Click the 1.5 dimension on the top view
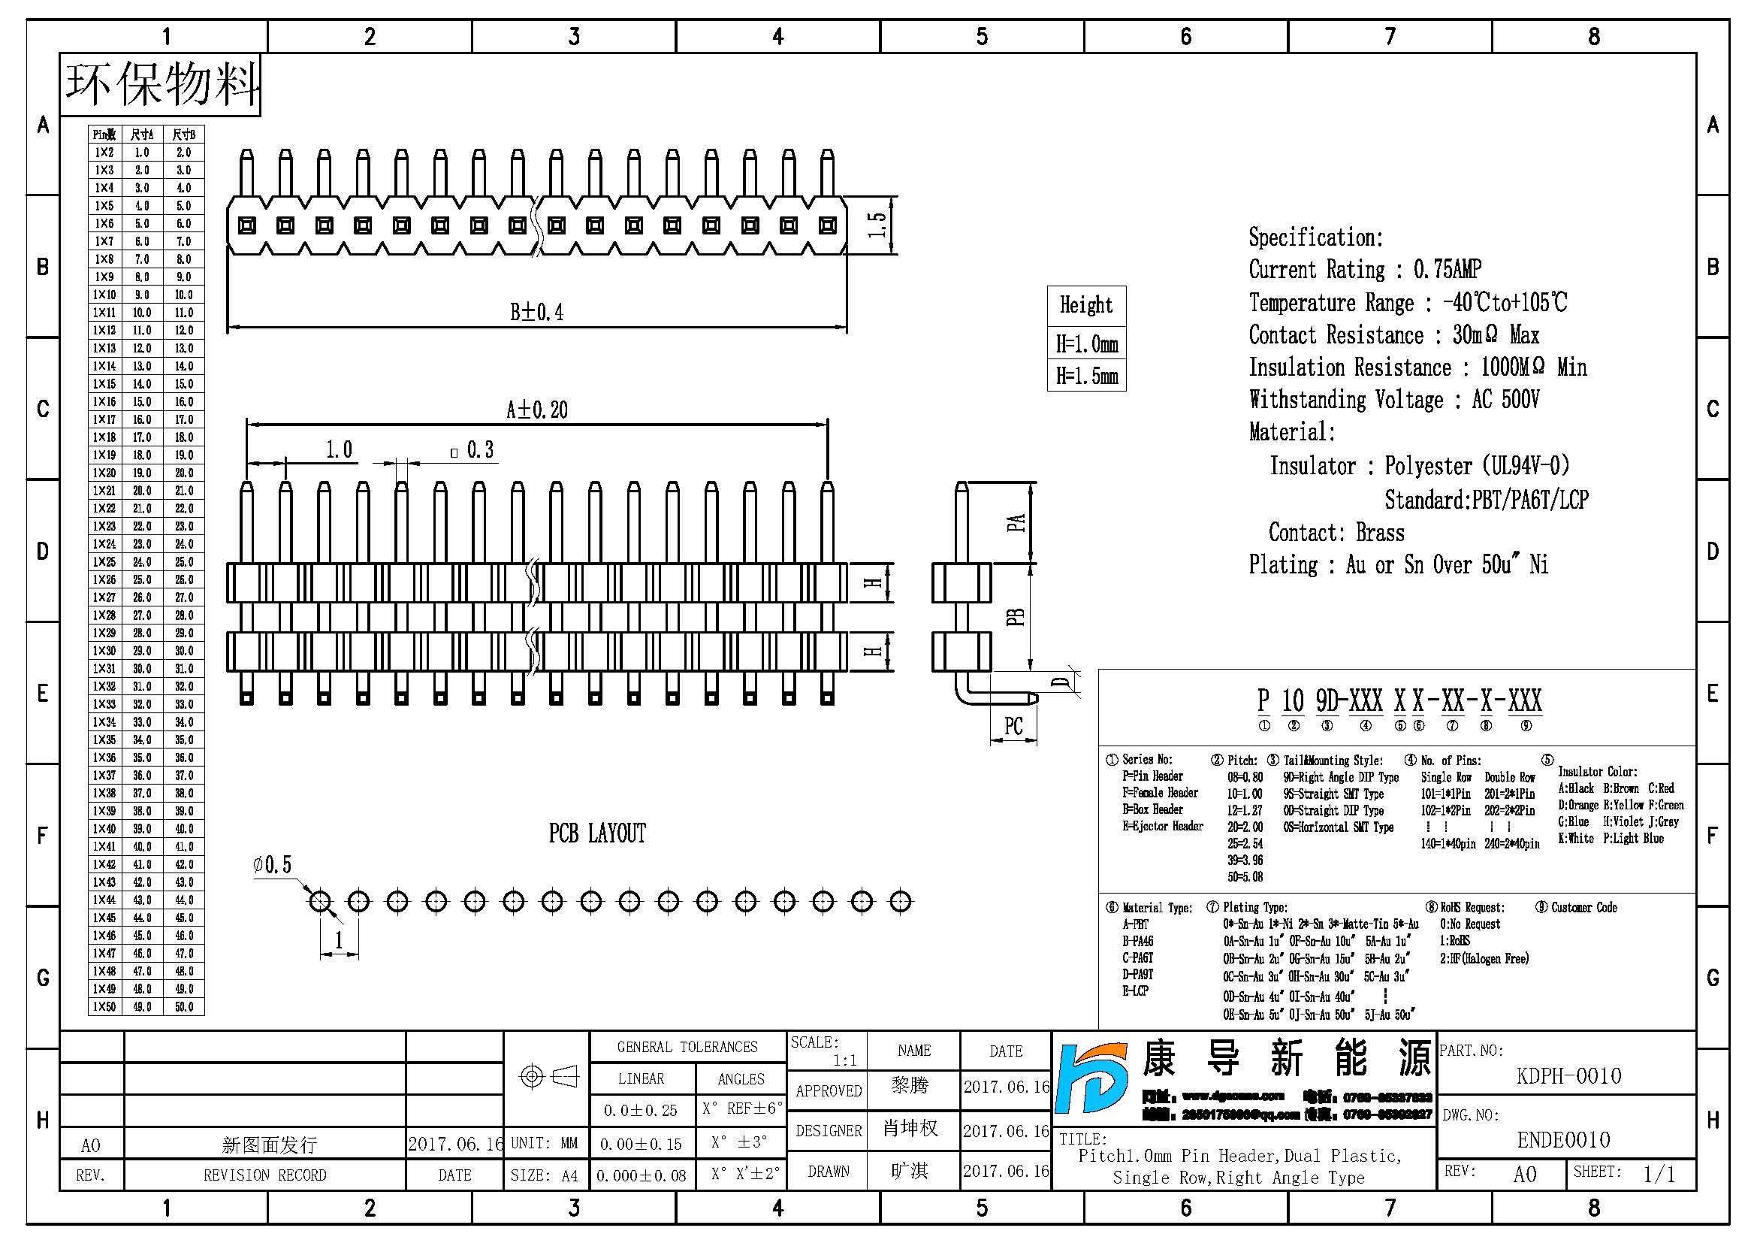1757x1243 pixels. tap(877, 224)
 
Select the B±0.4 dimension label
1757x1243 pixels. tap(536, 313)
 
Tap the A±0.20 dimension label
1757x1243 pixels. tap(536, 410)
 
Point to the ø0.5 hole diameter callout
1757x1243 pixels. tap(273, 865)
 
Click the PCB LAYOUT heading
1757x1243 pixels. tap(597, 833)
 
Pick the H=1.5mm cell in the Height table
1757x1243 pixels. tap(1087, 376)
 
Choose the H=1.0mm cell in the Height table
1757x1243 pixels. tap(1087, 343)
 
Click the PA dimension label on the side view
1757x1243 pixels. tap(1016, 523)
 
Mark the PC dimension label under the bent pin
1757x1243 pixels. tap(1013, 726)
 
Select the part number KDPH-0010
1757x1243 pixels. tap(1568, 1076)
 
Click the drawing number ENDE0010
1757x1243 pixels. tap(1563, 1141)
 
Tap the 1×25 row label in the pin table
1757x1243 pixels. tap(104, 562)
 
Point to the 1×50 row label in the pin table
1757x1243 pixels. tap(104, 1006)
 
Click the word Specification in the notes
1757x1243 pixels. tap(1315, 237)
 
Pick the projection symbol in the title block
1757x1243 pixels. tap(548, 1077)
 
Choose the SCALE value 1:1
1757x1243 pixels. tap(845, 1060)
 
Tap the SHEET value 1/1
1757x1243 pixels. tap(1659, 1174)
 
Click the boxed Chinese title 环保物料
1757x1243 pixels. tap(161, 84)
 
